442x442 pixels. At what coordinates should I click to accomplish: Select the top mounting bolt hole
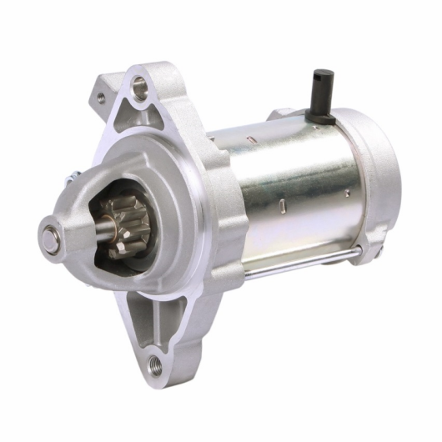click(x=139, y=83)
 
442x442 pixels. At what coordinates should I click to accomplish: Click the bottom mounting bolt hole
click(x=152, y=364)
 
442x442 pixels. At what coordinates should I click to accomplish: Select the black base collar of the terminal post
click(x=322, y=118)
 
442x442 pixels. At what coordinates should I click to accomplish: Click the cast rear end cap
click(x=379, y=175)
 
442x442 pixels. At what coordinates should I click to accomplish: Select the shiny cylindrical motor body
click(x=284, y=192)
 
